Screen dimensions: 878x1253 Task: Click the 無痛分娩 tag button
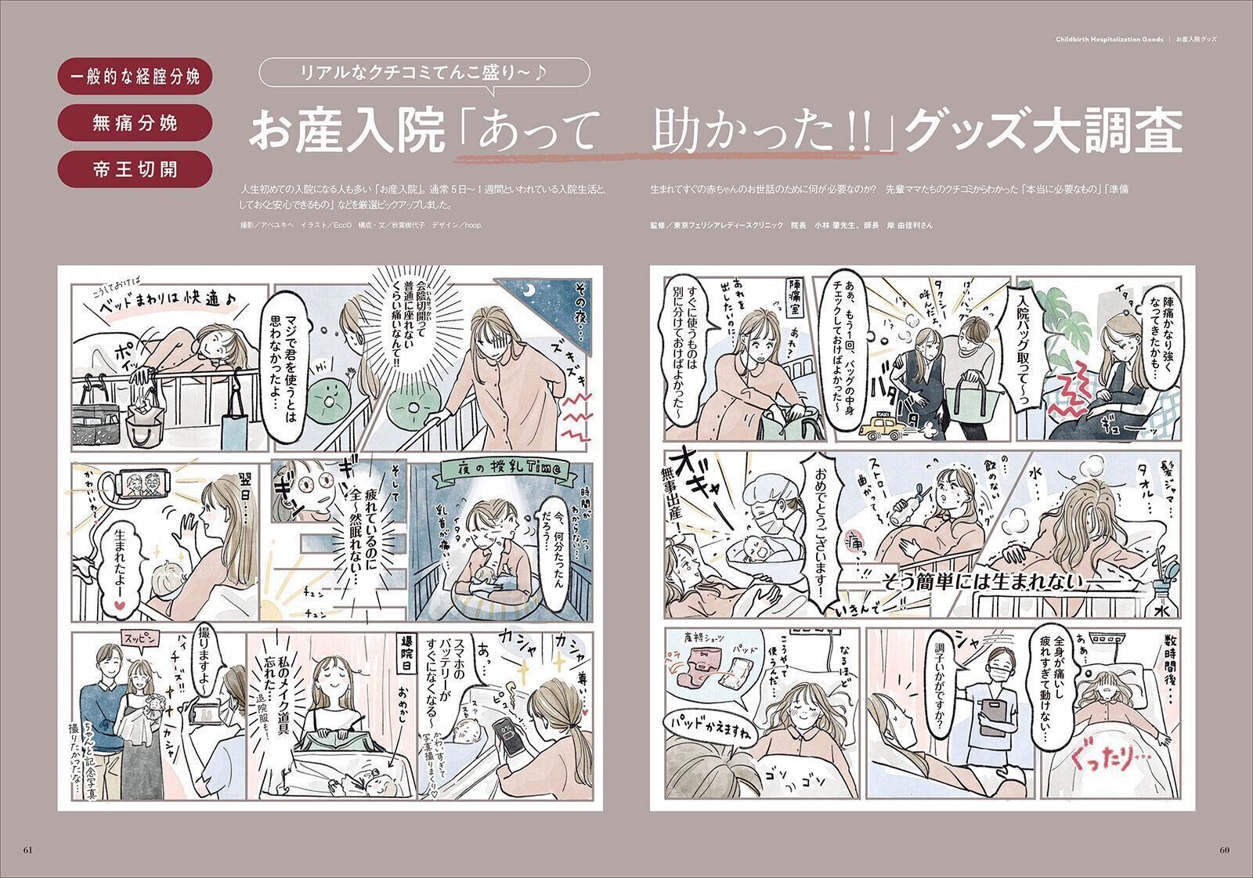[135, 123]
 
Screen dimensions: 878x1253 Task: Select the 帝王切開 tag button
[135, 169]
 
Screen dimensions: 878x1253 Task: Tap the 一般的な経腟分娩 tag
[135, 77]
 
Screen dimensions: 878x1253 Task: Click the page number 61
[28, 851]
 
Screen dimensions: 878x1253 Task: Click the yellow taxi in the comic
[880, 426]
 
